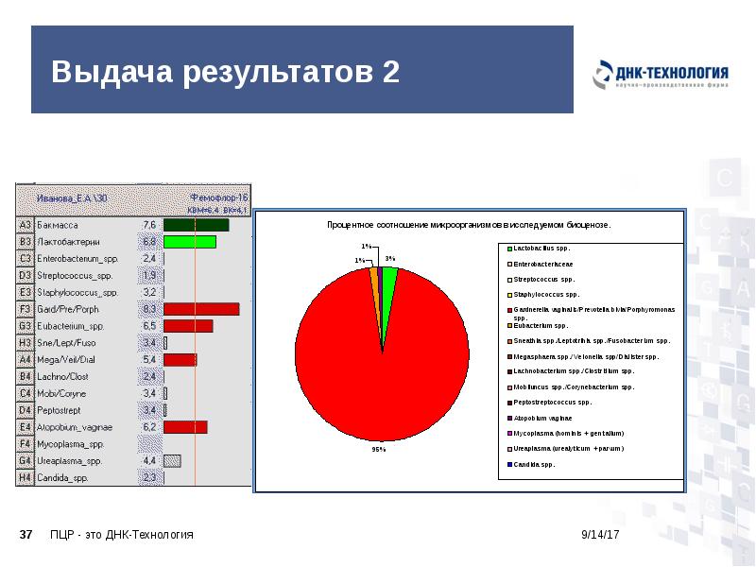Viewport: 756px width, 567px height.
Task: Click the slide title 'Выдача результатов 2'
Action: pyautogui.click(x=226, y=73)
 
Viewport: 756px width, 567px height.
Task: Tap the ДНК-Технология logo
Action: pyautogui.click(x=661, y=76)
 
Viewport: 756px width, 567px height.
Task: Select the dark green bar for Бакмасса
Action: pyautogui.click(x=196, y=225)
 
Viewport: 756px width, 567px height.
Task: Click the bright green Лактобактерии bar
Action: pyautogui.click(x=189, y=242)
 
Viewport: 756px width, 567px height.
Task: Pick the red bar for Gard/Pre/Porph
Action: pyautogui.click(x=200, y=309)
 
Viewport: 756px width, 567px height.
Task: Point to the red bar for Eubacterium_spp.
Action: pyautogui.click(x=188, y=326)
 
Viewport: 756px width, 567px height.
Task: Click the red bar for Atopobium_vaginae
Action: pyautogui.click(x=185, y=427)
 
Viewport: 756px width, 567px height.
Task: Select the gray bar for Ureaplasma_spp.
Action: pyautogui.click(x=172, y=460)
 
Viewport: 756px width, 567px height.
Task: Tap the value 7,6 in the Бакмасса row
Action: pyautogui.click(x=148, y=225)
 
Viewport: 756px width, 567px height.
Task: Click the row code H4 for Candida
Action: pyautogui.click(x=26, y=478)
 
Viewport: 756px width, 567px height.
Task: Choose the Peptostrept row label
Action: pyautogui.click(x=60, y=410)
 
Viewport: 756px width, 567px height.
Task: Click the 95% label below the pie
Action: pyautogui.click(x=377, y=450)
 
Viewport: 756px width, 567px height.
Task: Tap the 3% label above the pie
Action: pyautogui.click(x=389, y=257)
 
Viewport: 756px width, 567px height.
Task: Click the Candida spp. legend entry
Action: pyautogui.click(x=535, y=464)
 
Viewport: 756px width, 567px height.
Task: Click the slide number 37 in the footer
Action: pyautogui.click(x=26, y=535)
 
